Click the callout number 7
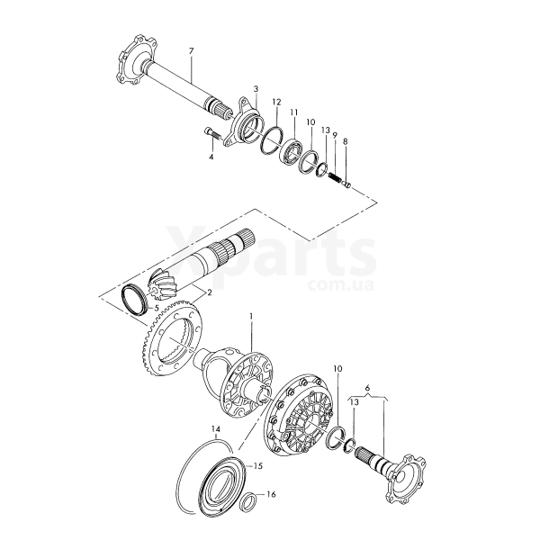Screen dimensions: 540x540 click(191, 51)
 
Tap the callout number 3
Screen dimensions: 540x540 click(256, 89)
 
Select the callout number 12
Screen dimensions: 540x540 click(276, 103)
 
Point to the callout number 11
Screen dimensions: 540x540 click(293, 112)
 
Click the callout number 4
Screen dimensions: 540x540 click(211, 157)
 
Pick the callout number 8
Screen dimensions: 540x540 click(346, 141)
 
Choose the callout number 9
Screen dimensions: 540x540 click(335, 135)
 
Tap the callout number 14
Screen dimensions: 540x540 click(216, 429)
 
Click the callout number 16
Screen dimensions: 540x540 click(272, 494)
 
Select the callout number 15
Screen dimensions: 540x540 click(258, 466)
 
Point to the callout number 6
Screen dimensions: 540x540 click(367, 388)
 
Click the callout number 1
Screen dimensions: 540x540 click(251, 316)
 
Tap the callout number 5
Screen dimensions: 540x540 click(156, 308)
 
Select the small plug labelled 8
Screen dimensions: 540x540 click(347, 185)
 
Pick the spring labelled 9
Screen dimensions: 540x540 click(336, 179)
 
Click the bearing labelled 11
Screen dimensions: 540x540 click(292, 149)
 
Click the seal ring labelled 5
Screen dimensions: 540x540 click(135, 299)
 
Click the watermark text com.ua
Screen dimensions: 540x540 click(340, 285)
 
